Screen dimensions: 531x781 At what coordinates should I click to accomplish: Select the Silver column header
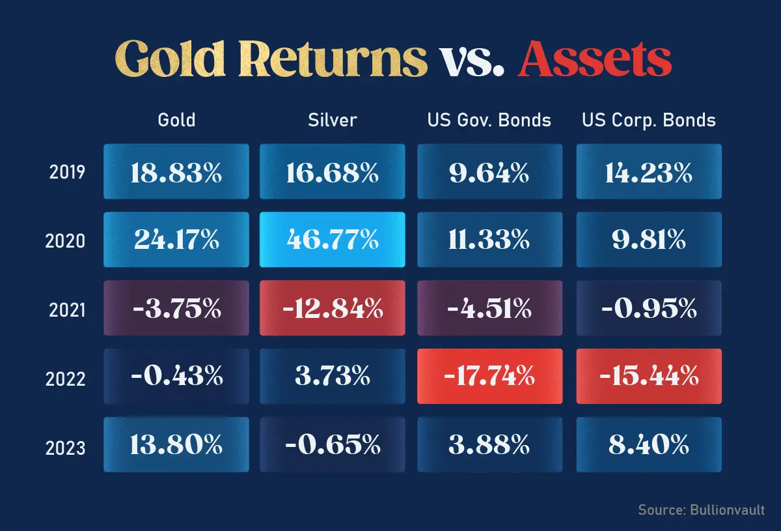tap(332, 120)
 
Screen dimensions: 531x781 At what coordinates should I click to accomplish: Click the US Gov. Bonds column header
tap(489, 120)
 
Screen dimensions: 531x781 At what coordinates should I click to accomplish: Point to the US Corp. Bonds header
tap(648, 120)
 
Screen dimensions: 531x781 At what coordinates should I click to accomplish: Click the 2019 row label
tap(67, 173)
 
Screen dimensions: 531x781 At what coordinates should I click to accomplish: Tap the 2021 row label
tap(67, 309)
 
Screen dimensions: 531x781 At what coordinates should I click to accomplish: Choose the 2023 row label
tap(66, 448)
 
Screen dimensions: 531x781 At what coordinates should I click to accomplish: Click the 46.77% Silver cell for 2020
tap(332, 240)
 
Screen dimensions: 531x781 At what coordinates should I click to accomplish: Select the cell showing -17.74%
tap(489, 376)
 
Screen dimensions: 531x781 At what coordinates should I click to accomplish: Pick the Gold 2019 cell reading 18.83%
tap(176, 172)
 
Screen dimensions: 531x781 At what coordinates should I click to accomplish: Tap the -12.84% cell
tap(332, 308)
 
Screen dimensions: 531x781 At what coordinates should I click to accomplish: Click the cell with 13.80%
tap(176, 445)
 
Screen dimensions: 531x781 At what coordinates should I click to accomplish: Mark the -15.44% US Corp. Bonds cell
tap(648, 376)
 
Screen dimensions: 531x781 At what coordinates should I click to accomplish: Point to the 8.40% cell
tap(648, 445)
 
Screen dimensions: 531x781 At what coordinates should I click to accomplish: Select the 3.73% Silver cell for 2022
tap(332, 376)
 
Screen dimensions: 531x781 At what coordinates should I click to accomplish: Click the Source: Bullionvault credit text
tap(701, 509)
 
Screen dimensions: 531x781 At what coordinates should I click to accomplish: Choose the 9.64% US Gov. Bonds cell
tap(489, 172)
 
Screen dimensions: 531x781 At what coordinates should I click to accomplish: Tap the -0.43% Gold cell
tap(176, 376)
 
